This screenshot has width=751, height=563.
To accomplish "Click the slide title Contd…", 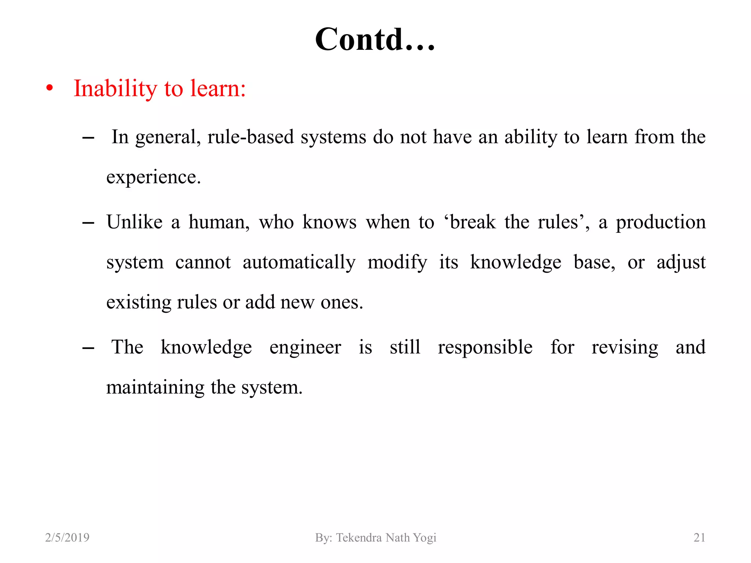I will [375, 40].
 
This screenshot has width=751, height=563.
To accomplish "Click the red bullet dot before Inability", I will [50, 88].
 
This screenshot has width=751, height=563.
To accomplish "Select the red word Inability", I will [115, 89].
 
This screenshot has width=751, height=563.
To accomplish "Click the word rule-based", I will [250, 137].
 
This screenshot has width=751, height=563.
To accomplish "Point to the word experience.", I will [153, 177].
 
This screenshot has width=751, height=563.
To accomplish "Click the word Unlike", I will [134, 222].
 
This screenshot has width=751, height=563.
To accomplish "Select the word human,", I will [219, 222].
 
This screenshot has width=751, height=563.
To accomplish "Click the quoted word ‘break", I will [470, 222].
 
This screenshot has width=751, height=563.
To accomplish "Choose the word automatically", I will [299, 263].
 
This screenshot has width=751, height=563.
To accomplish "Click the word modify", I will [397, 263].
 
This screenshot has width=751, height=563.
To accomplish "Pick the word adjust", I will [681, 263].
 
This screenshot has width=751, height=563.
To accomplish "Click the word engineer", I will [305, 347].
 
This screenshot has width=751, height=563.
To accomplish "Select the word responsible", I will [485, 347].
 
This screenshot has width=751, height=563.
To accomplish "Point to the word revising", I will [624, 347].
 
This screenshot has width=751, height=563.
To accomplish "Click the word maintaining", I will [155, 388].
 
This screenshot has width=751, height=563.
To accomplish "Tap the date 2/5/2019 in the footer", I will [67, 537].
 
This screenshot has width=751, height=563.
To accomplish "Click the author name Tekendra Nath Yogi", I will [386, 537].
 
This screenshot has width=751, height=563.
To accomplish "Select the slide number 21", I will [699, 537].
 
